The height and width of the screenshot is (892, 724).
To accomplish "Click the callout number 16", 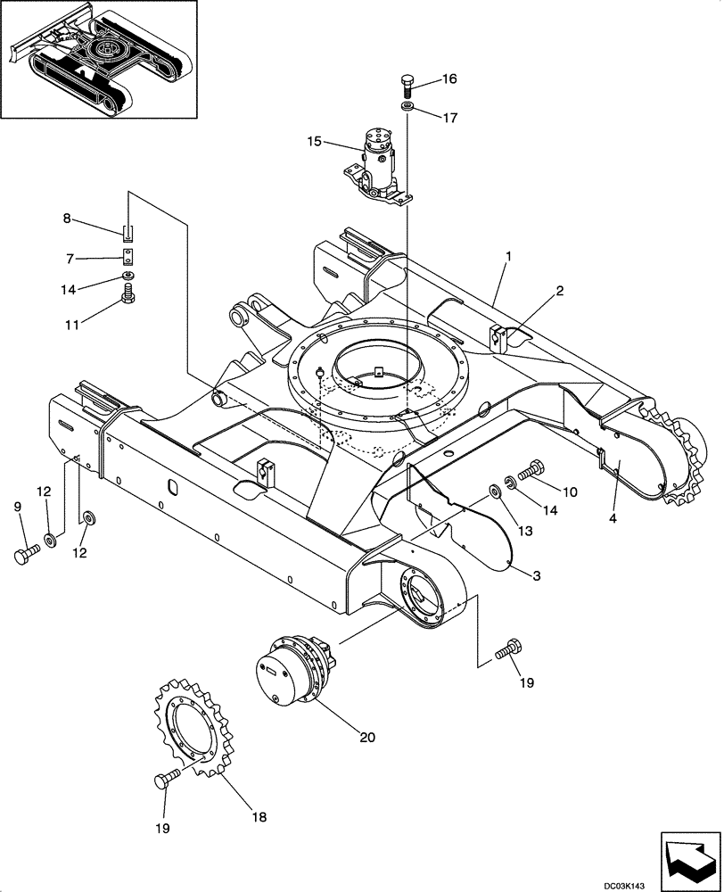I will point(448,78).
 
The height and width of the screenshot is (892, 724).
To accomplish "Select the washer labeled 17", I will point(407,107).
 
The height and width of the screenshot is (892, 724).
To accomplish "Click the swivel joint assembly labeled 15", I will point(378,163).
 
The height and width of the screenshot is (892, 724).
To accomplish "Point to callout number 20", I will point(367,737).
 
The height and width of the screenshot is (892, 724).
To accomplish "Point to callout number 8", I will point(66,219).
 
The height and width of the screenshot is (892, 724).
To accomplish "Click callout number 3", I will point(537,576).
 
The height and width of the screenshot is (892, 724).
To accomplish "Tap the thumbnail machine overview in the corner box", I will point(100,60).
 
